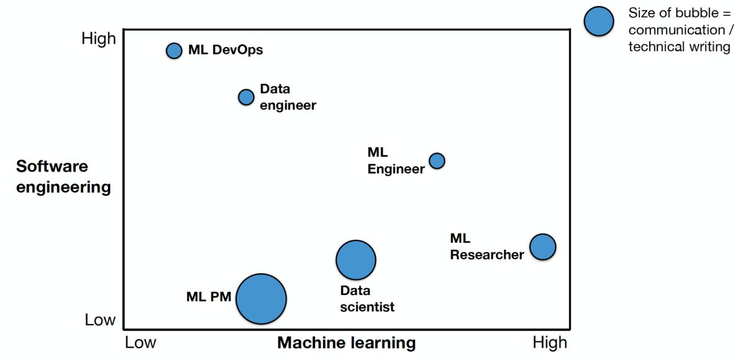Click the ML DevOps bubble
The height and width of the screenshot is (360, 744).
[x=174, y=51]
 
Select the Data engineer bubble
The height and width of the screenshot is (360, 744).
[x=246, y=97]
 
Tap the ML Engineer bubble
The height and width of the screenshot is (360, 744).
[x=437, y=161]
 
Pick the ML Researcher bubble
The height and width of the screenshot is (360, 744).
[x=542, y=247]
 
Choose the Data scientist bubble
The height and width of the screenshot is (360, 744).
[x=356, y=260]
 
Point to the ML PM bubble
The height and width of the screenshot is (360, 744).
[x=262, y=299]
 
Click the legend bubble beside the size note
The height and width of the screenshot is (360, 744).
[x=598, y=22]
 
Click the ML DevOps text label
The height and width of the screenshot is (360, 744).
[x=226, y=50]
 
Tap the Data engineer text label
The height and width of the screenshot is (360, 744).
[x=288, y=97]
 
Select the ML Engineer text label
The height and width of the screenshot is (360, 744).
[x=396, y=160]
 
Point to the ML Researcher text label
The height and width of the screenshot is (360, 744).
[x=487, y=247]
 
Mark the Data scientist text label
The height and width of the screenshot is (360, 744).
[x=367, y=299]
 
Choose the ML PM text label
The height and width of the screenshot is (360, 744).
[x=208, y=297]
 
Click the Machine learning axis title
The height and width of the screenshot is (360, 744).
[x=346, y=343]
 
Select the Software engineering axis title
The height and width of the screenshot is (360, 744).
[x=63, y=177]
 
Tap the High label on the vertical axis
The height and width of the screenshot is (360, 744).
[x=99, y=38]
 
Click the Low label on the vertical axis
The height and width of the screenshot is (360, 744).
[x=100, y=320]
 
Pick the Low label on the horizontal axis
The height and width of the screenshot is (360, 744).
[x=141, y=343]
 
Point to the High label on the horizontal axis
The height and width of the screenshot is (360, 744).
[x=550, y=343]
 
